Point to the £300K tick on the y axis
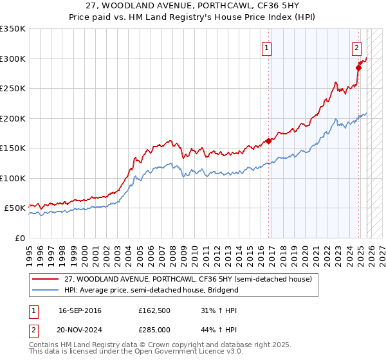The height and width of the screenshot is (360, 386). tap(13, 59)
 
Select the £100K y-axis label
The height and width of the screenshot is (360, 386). tap(13, 178)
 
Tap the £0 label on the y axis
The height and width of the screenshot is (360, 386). tap(20, 238)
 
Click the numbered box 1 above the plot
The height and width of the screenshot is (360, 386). tap(266, 47)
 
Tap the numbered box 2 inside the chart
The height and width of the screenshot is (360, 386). tap(356, 47)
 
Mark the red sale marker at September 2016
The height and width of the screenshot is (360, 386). tap(268, 141)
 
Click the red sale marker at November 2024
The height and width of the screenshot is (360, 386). tap(358, 67)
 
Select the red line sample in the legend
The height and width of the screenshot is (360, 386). tap(45, 279)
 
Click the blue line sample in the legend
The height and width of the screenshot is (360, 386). tap(45, 290)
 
